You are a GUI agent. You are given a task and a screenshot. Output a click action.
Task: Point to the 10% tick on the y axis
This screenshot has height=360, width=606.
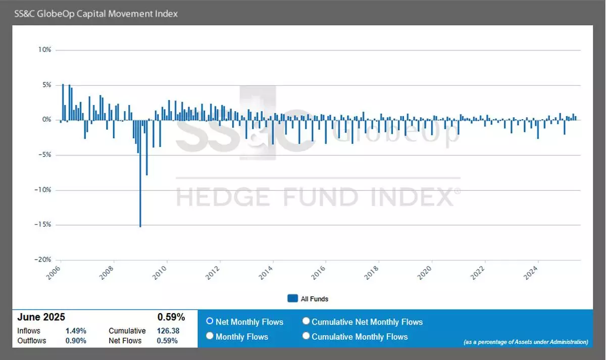(x=45, y=50)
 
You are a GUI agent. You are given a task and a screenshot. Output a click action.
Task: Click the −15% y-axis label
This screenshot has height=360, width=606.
(x=43, y=225)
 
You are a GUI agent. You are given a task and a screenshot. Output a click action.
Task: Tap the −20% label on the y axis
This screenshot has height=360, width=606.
(x=43, y=260)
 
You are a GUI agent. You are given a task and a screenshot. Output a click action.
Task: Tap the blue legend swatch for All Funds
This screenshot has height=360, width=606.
(x=292, y=298)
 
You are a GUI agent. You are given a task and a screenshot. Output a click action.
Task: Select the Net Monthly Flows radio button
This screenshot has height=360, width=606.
(x=210, y=321)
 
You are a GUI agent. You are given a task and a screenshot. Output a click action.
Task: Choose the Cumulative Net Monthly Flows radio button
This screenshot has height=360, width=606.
(x=306, y=321)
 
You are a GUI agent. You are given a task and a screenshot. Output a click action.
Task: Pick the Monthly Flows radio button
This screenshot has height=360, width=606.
(x=210, y=336)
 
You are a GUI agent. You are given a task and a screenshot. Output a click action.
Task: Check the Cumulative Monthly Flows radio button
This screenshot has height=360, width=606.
(x=306, y=336)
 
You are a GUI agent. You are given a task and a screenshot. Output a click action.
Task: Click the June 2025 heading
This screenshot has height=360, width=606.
(x=41, y=317)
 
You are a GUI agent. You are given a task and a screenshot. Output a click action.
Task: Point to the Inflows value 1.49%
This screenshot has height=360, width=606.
(x=76, y=331)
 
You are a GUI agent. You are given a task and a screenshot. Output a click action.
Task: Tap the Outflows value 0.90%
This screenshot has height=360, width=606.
(x=76, y=341)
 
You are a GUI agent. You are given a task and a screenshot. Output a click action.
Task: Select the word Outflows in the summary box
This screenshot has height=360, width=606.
(x=31, y=341)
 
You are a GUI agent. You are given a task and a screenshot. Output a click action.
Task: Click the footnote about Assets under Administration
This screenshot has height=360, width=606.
(x=525, y=342)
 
